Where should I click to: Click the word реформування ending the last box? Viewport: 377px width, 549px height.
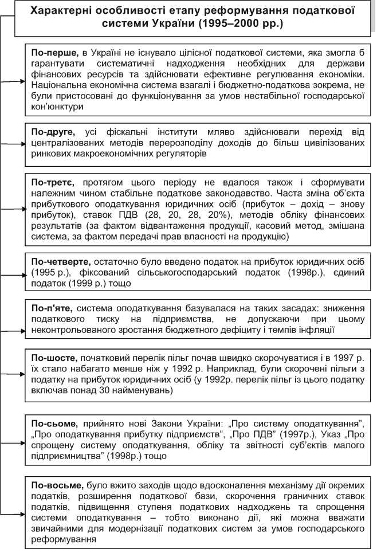click(63, 540)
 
